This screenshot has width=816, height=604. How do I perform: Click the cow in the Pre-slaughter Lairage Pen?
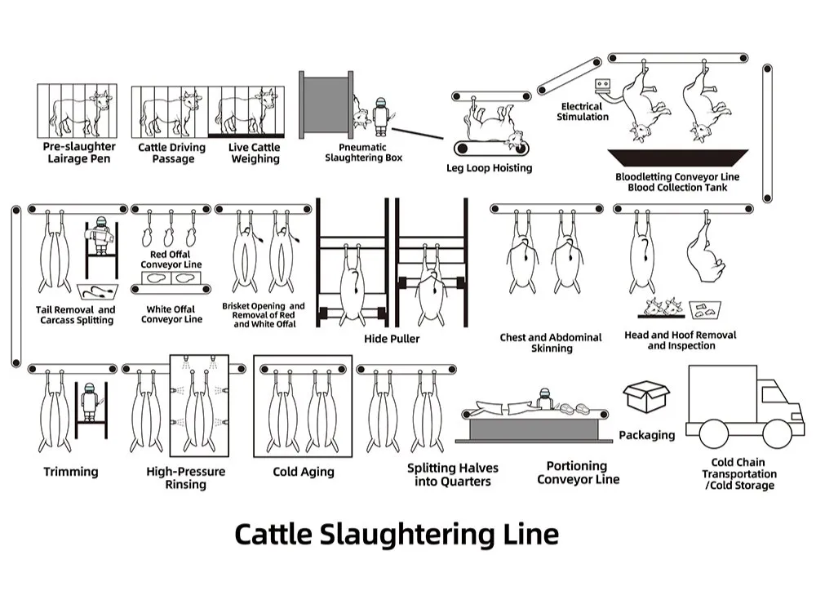point(81,113)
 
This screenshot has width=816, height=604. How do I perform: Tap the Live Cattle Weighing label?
point(255,153)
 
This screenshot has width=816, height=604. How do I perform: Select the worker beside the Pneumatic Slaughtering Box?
point(381,117)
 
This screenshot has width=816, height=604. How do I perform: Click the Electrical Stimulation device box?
point(603,84)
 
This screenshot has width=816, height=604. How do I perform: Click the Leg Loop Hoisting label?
point(489,168)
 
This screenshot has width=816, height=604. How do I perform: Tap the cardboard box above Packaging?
point(645,396)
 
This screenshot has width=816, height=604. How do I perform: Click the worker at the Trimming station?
point(90,402)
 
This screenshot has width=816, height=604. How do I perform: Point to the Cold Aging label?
point(304,472)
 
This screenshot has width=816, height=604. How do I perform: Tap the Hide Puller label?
point(392,339)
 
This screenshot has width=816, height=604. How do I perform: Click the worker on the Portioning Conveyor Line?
point(544,398)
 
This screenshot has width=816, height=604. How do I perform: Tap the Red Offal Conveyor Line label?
point(171,260)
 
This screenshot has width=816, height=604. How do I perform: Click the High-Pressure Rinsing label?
point(186,478)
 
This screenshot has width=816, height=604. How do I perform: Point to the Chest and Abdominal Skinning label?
point(551,343)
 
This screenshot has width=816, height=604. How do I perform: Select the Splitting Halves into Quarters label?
point(453,474)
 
